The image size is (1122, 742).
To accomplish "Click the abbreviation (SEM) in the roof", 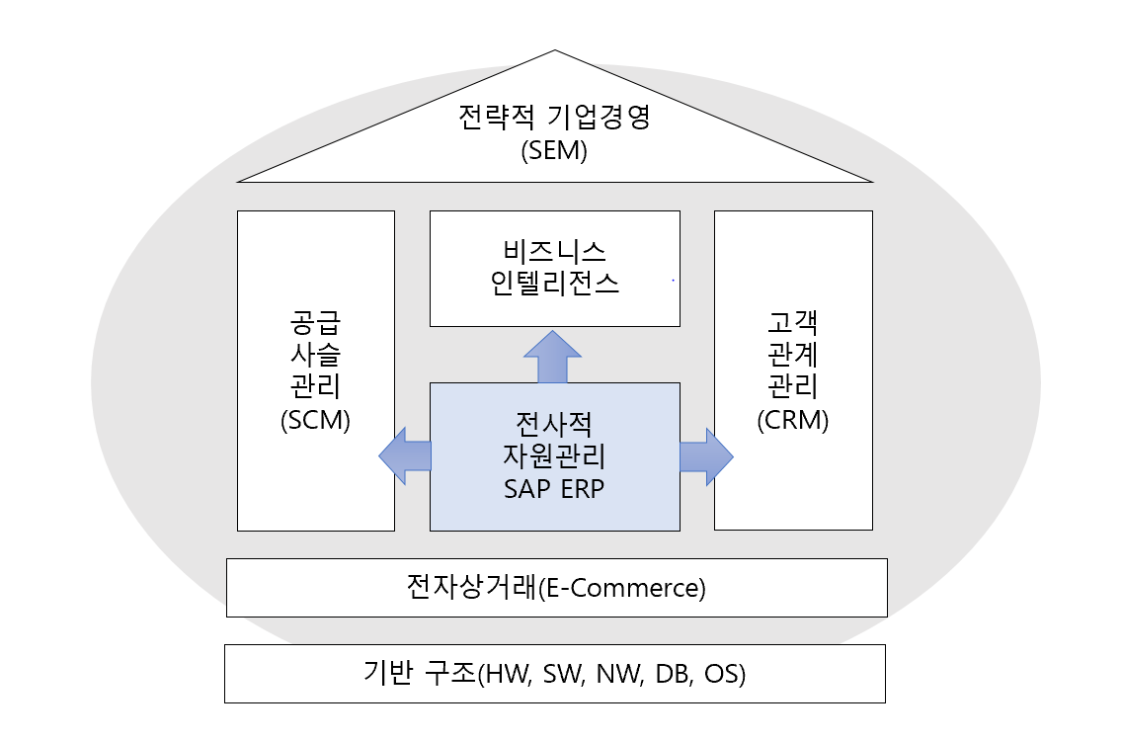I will [x=554, y=152].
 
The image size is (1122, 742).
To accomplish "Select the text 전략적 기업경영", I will [x=554, y=120].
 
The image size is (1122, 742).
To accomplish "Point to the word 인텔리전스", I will [x=554, y=284].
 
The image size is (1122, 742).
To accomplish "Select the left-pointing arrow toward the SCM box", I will [x=405, y=456].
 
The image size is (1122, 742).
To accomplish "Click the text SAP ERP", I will [x=554, y=488].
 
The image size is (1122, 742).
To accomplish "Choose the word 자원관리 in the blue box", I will [x=554, y=456].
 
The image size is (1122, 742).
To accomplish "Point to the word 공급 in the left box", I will [x=316, y=322].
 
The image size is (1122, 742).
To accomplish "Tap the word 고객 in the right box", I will [x=793, y=322].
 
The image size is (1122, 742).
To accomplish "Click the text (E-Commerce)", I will [x=621, y=588].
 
